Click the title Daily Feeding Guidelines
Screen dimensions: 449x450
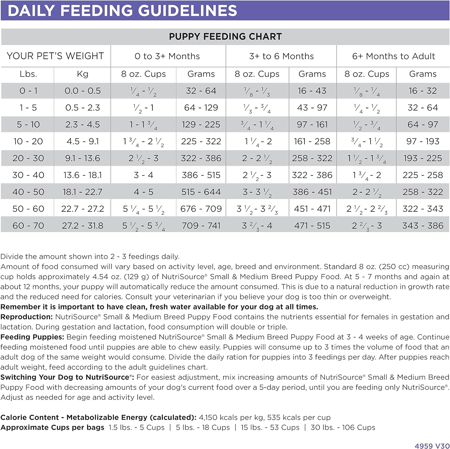coord(122,11)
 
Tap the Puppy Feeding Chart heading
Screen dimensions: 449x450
coord(225,37)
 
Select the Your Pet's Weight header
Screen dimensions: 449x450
coord(55,56)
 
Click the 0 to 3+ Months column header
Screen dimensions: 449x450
coord(167,56)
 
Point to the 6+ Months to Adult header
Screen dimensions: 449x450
coord(393,56)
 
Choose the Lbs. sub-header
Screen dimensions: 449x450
coord(28,74)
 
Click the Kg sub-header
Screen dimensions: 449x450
coord(82,74)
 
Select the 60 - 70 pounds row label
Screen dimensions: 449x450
coord(28,226)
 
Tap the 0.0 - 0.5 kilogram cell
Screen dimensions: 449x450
coord(82,91)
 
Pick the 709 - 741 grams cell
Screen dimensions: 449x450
coord(201,226)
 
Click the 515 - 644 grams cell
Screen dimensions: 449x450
coord(201,192)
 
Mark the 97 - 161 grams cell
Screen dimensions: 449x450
coord(312,124)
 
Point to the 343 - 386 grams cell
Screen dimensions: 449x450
coord(423,226)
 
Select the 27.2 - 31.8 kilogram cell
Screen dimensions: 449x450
coord(82,226)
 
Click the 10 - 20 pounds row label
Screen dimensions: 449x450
coord(28,141)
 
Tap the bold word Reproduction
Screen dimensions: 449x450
coord(26,317)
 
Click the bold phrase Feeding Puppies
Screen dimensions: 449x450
coord(32,337)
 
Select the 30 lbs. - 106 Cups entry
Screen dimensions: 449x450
coord(343,427)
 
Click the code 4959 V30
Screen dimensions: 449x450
coord(432,446)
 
